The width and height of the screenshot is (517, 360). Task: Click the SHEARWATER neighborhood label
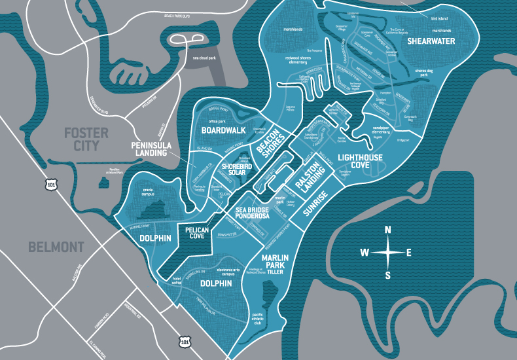click(433, 41)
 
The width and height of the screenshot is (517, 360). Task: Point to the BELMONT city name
click(57, 247)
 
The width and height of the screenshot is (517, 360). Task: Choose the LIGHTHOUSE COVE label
click(361, 161)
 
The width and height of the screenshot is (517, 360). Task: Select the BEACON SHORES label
click(268, 146)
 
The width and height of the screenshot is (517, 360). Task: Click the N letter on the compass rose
click(387, 229)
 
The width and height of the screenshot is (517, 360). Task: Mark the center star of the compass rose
click(387, 252)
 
